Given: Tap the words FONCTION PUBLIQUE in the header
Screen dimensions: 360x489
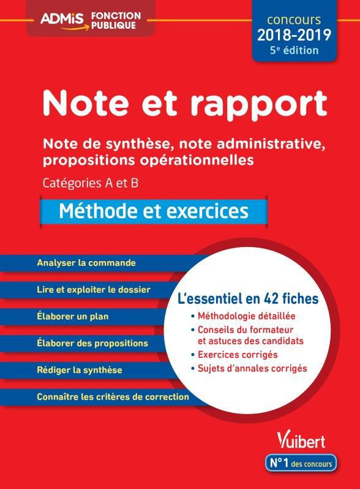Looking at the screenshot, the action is click(x=116, y=19).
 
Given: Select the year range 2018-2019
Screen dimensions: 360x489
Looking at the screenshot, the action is click(x=294, y=35).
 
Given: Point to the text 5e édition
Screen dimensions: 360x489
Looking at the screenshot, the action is click(x=295, y=50).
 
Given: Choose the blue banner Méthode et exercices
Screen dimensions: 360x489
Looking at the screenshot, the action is click(x=154, y=211).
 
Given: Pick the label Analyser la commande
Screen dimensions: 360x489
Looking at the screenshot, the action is click(x=86, y=263).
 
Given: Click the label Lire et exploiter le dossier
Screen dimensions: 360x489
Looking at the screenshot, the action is click(x=94, y=289).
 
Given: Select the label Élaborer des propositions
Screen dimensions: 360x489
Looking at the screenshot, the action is click(x=92, y=343).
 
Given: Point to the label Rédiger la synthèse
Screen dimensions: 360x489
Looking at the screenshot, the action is click(x=80, y=370).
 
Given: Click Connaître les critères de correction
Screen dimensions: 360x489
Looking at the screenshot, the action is click(x=113, y=396).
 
